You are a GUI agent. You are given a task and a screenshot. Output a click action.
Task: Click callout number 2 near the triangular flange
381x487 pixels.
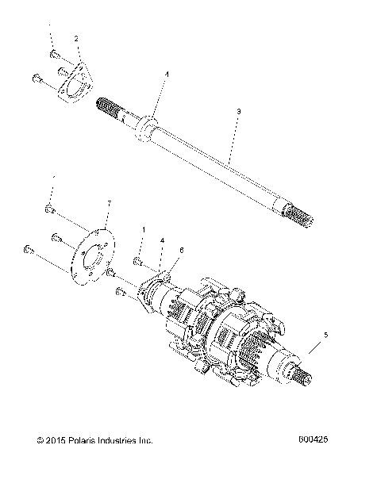pos(76,37)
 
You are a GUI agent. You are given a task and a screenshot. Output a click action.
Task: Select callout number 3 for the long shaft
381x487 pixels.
pos(239,113)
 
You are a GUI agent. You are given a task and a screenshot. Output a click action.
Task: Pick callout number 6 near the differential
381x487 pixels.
pos(181,250)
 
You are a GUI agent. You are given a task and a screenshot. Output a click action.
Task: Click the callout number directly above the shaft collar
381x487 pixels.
pos(167,74)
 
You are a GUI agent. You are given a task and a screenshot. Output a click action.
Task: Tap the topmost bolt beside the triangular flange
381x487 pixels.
pos(55,54)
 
